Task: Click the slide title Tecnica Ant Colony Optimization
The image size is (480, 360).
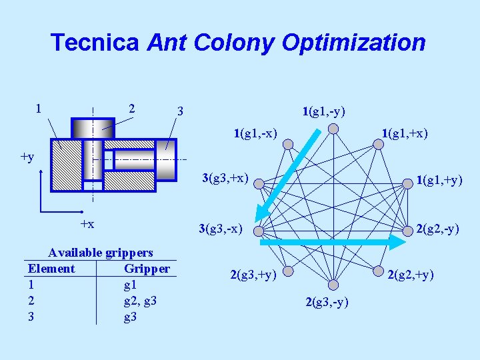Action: [238, 43]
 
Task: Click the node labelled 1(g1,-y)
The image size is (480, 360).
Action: [333, 128]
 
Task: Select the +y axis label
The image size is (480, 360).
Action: [27, 157]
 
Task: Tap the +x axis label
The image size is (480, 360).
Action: [87, 223]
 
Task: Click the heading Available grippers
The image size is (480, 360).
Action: [101, 253]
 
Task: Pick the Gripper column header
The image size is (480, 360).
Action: [147, 269]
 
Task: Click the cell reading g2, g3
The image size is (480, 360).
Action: [141, 301]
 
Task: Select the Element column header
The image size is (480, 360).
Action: [51, 269]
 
